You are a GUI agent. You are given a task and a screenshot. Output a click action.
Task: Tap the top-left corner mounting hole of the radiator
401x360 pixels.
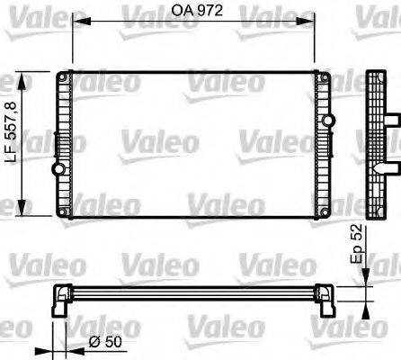point(63,75)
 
